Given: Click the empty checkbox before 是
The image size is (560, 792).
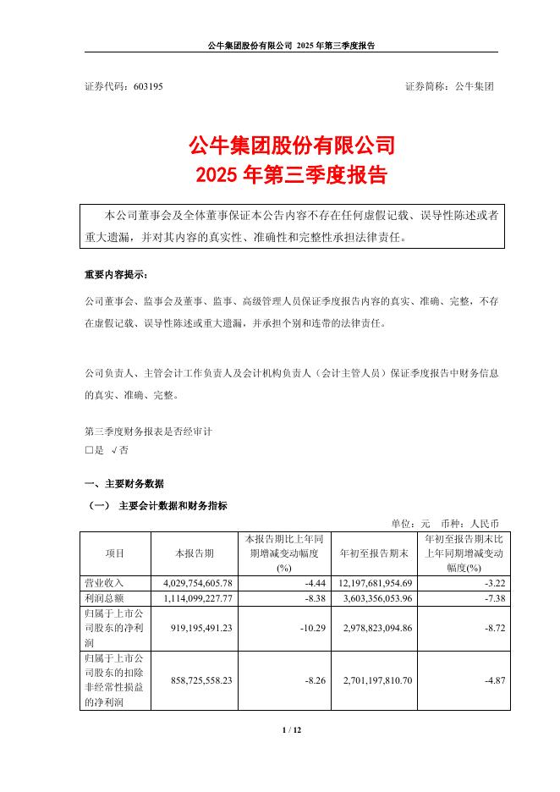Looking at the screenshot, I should tap(89, 450).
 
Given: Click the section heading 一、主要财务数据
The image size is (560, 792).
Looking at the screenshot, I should tap(124, 484).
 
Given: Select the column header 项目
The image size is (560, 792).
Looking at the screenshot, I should tap(115, 553).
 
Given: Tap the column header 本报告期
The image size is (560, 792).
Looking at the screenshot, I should tap(194, 553).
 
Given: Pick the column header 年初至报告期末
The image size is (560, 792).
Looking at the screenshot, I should tap(374, 553).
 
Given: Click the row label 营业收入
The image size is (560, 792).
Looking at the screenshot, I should tap(103, 584).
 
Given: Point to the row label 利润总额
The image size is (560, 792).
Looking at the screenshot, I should tap(103, 598).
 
